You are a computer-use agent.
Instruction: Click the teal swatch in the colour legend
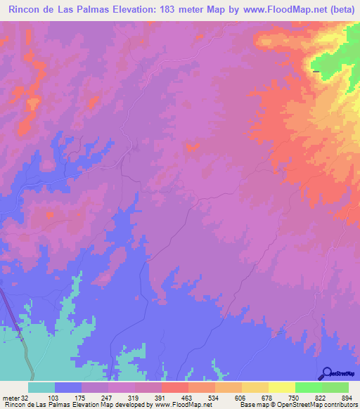(x=41, y=387)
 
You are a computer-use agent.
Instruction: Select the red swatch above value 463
(x=174, y=387)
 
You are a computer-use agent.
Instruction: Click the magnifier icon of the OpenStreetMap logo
(x=326, y=372)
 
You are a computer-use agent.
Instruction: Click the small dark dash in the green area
(x=316, y=71)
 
